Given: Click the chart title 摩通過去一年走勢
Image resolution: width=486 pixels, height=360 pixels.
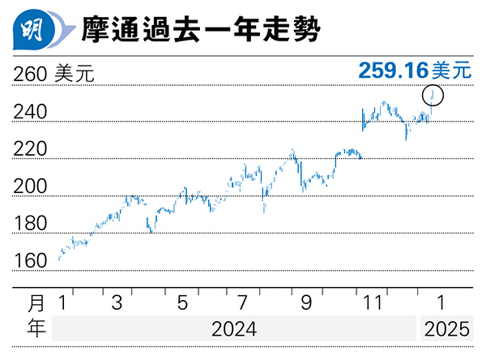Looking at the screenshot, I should click(x=199, y=32).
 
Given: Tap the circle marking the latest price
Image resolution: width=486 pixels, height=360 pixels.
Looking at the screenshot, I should click(x=434, y=95).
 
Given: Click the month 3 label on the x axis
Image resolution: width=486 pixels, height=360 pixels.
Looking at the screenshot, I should click(x=117, y=303).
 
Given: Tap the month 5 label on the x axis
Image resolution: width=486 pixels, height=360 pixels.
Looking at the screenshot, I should click(x=181, y=303).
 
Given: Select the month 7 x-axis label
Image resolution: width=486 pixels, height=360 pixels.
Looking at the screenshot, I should click(x=242, y=303).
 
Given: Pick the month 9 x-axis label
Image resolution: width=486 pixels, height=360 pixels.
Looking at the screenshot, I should click(x=306, y=303).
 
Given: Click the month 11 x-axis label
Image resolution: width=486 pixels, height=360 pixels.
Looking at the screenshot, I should click(x=371, y=303).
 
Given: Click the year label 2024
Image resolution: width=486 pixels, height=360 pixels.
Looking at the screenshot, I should click(x=234, y=330).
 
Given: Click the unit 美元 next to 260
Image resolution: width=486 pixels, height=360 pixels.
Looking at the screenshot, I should click(x=75, y=75).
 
